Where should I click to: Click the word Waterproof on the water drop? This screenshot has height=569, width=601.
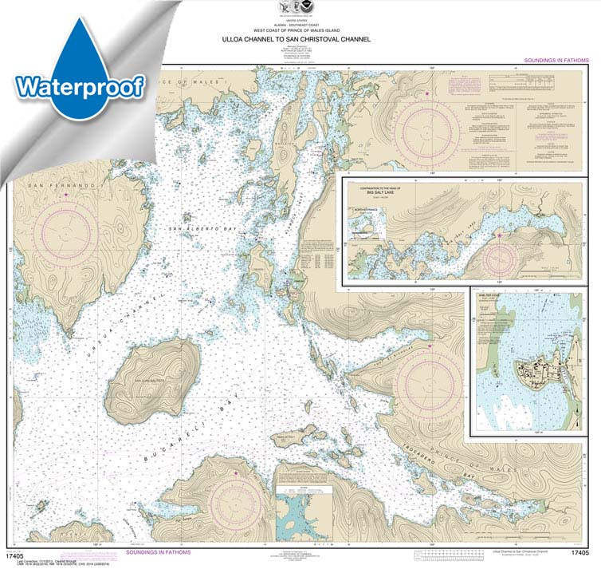(78, 85)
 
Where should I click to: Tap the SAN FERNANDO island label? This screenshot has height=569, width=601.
(50, 185)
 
